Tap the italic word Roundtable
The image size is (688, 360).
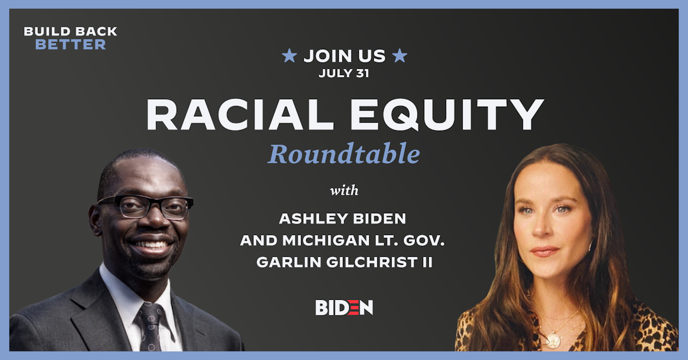coord(343,154)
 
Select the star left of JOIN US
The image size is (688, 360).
coord(290,56)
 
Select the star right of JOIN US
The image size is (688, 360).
coord(400,56)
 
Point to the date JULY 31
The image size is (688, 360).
coord(344,73)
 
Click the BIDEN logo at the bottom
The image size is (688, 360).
coord(344,307)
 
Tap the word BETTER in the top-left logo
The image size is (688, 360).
coord(71,45)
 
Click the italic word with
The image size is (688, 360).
coord(344,190)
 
